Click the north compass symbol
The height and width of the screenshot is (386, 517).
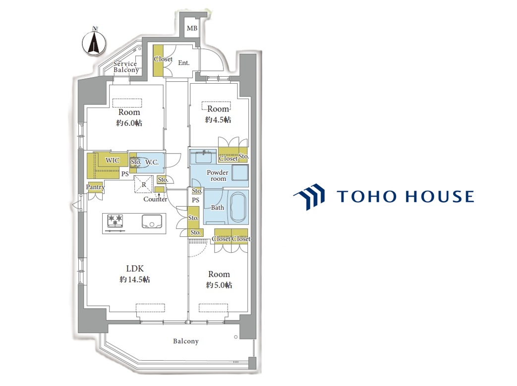coord(94,42)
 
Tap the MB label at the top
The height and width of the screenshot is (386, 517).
coord(192,28)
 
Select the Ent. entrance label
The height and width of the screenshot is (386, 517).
coord(184,62)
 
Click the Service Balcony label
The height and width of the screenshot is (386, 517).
coord(125,67)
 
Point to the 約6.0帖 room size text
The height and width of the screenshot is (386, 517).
coord(129,123)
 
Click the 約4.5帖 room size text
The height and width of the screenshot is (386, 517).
coord(218,119)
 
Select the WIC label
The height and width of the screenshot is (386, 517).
coord(113,160)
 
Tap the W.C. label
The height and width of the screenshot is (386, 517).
coord(152,162)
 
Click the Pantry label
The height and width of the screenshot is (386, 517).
coord(95,187)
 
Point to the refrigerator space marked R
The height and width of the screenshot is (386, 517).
coord(143,184)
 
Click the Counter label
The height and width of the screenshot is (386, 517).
coord(155,199)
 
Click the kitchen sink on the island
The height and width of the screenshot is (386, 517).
coord(152,221)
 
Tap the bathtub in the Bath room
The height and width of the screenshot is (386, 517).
coord(239,208)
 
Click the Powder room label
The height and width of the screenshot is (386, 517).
coord(218,175)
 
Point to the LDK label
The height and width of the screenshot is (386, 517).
coord(135,269)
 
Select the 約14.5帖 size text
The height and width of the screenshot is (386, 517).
coord(134,279)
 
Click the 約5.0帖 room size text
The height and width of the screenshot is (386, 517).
coord(219,285)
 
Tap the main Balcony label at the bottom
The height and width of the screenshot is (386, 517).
coord(186,341)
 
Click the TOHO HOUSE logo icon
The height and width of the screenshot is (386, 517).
coord(309,197)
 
